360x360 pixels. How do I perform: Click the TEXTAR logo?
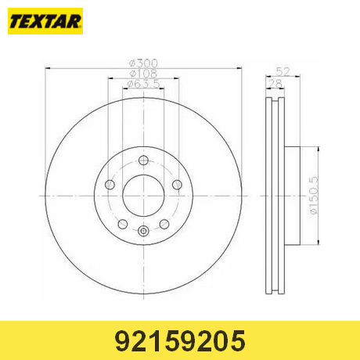pos(45,21)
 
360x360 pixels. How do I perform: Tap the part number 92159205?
pos(180,340)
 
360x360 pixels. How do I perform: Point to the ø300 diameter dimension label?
pos(144,63)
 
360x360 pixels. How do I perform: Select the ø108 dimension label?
pos(143,74)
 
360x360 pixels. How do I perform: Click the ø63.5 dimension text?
pos(143,84)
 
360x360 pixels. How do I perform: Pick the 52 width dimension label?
pos(283,71)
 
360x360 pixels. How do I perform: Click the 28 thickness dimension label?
pos(275,84)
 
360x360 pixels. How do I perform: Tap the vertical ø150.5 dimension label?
pos(314,196)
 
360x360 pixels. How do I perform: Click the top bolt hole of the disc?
pos(143,160)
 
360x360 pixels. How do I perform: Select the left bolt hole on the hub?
pos(110,185)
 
